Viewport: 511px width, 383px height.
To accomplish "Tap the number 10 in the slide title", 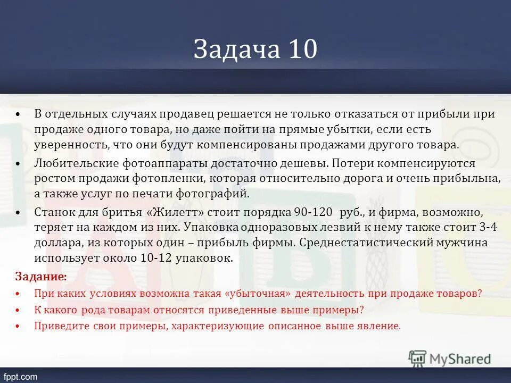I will tap(303, 49).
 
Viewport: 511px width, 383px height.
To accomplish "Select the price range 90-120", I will tap(312, 212).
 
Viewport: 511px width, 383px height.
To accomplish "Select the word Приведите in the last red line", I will tap(57, 326).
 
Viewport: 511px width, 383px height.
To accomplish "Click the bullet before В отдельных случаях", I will tap(18, 114).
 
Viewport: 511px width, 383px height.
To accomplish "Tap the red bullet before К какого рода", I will tap(18, 310).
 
